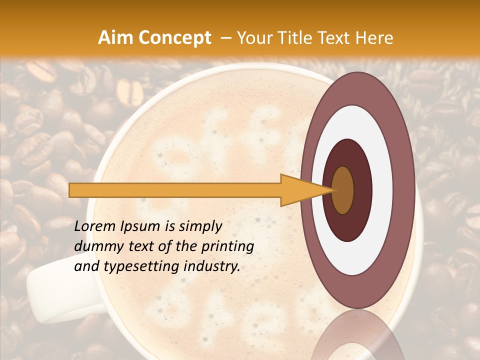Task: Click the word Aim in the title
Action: [115, 38]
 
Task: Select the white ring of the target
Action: [382, 190]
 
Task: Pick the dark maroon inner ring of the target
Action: [362, 190]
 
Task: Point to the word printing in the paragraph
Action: [230, 246]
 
